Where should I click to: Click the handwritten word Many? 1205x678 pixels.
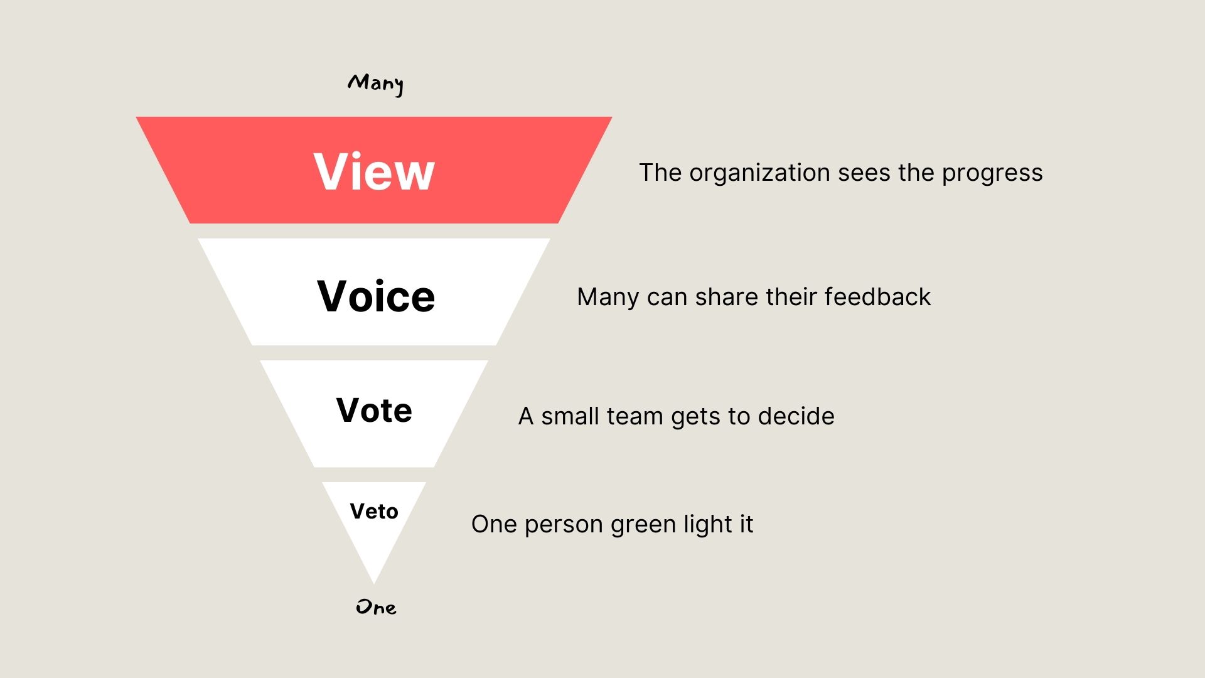click(375, 83)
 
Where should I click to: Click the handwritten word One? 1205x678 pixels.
click(376, 607)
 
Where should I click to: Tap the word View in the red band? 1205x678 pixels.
click(374, 171)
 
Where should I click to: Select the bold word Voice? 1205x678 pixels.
click(376, 296)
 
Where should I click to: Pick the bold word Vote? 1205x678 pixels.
click(374, 411)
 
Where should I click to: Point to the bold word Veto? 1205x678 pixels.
click(374, 511)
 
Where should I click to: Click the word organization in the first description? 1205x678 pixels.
click(759, 173)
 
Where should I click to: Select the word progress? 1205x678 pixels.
click(992, 173)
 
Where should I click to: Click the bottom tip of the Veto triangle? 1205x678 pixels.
click(374, 581)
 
